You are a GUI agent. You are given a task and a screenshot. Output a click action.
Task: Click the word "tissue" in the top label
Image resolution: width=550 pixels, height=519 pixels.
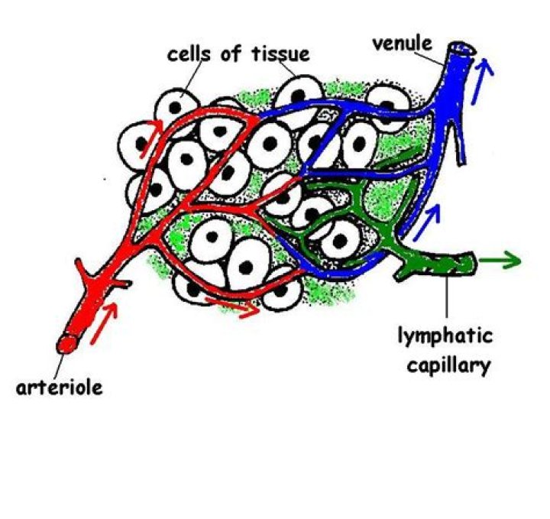pyautogui.click(x=274, y=54)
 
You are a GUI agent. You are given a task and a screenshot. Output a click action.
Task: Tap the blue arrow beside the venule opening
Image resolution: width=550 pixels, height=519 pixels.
pyautogui.click(x=485, y=73)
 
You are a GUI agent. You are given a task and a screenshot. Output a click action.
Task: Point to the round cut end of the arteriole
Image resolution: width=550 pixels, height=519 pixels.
pyautogui.click(x=67, y=344)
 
